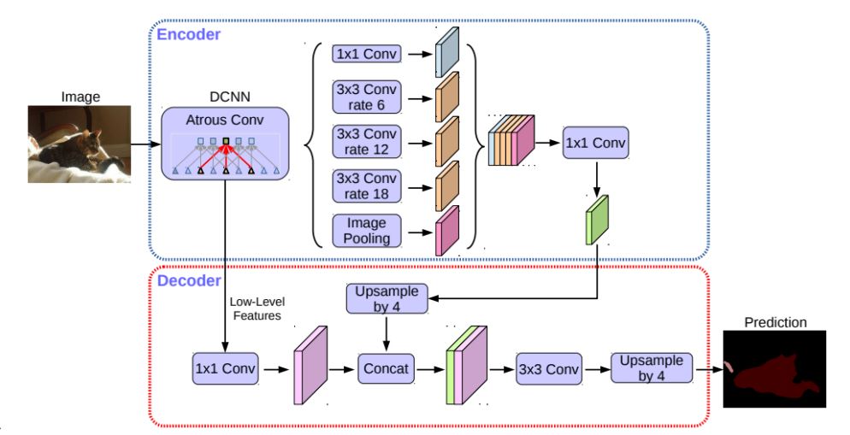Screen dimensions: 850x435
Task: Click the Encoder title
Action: [x=189, y=35]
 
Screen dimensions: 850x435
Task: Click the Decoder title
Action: [x=189, y=280]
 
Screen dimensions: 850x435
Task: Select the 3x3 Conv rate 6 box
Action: [x=367, y=97]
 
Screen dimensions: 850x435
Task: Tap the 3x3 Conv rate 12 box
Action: [x=367, y=141]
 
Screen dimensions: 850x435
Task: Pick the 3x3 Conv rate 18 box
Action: [x=367, y=185]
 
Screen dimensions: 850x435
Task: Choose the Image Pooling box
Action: [x=367, y=231]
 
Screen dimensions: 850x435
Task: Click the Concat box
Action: [x=386, y=368]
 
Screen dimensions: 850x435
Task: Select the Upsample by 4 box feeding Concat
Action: [x=387, y=298]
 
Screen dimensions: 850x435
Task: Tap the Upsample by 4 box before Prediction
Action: [x=652, y=368]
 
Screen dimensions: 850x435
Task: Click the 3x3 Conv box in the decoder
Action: [x=549, y=369]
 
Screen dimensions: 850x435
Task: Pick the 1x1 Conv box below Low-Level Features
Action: [x=225, y=369]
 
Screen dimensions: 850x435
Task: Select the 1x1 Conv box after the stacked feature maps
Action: [x=595, y=143]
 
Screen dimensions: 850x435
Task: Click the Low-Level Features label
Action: [x=257, y=309]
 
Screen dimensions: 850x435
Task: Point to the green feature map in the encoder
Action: [x=597, y=220]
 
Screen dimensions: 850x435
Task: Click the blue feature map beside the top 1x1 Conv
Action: [x=447, y=52]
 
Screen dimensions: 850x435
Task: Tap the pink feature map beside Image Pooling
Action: [x=447, y=231]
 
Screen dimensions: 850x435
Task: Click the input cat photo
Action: [x=80, y=144]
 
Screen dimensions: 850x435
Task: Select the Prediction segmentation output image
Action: [x=775, y=369]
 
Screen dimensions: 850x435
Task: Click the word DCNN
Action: [x=230, y=97]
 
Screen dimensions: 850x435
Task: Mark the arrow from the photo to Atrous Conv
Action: [x=146, y=144]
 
